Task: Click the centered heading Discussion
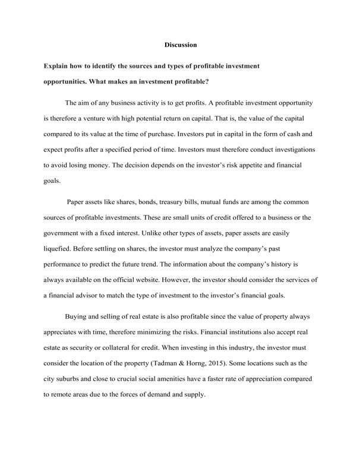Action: pyautogui.click(x=180, y=45)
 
